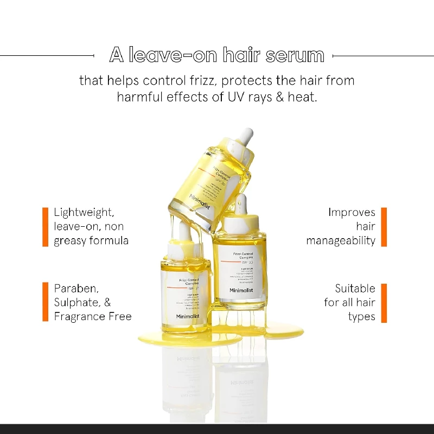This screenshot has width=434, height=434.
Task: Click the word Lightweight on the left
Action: (84, 212)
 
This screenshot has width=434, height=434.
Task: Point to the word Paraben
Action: (76, 288)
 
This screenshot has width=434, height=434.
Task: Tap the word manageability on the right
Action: (341, 240)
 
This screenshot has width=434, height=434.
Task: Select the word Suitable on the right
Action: (355, 288)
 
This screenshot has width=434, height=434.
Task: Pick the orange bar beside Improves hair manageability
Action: (384, 226)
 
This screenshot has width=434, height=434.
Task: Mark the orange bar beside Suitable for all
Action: (384, 302)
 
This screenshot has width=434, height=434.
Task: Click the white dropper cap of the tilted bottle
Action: (245, 135)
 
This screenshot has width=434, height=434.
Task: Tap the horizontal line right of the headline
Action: (382, 55)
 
